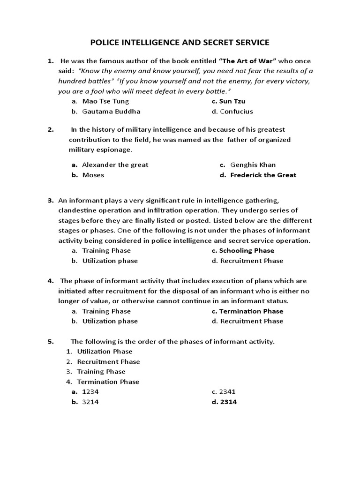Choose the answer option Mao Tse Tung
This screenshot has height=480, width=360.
tap(105, 101)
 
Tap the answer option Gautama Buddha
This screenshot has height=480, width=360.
tap(111, 112)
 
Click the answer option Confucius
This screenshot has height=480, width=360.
tap(236, 112)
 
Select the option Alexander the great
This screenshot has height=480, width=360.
tap(115, 165)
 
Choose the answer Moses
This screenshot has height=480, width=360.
tap(93, 175)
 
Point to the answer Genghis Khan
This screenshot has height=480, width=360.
tap(253, 165)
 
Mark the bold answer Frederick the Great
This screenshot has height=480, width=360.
tap(263, 175)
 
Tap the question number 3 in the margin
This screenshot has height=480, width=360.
tap(50, 201)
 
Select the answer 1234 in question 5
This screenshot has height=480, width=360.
tap(90, 392)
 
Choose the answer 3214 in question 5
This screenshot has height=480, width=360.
tap(90, 402)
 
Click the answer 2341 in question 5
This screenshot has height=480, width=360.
tap(228, 392)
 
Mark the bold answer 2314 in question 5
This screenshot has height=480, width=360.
tap(228, 402)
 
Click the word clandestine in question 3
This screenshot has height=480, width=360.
tap(77, 210)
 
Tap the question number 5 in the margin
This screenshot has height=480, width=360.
tap(50, 341)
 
